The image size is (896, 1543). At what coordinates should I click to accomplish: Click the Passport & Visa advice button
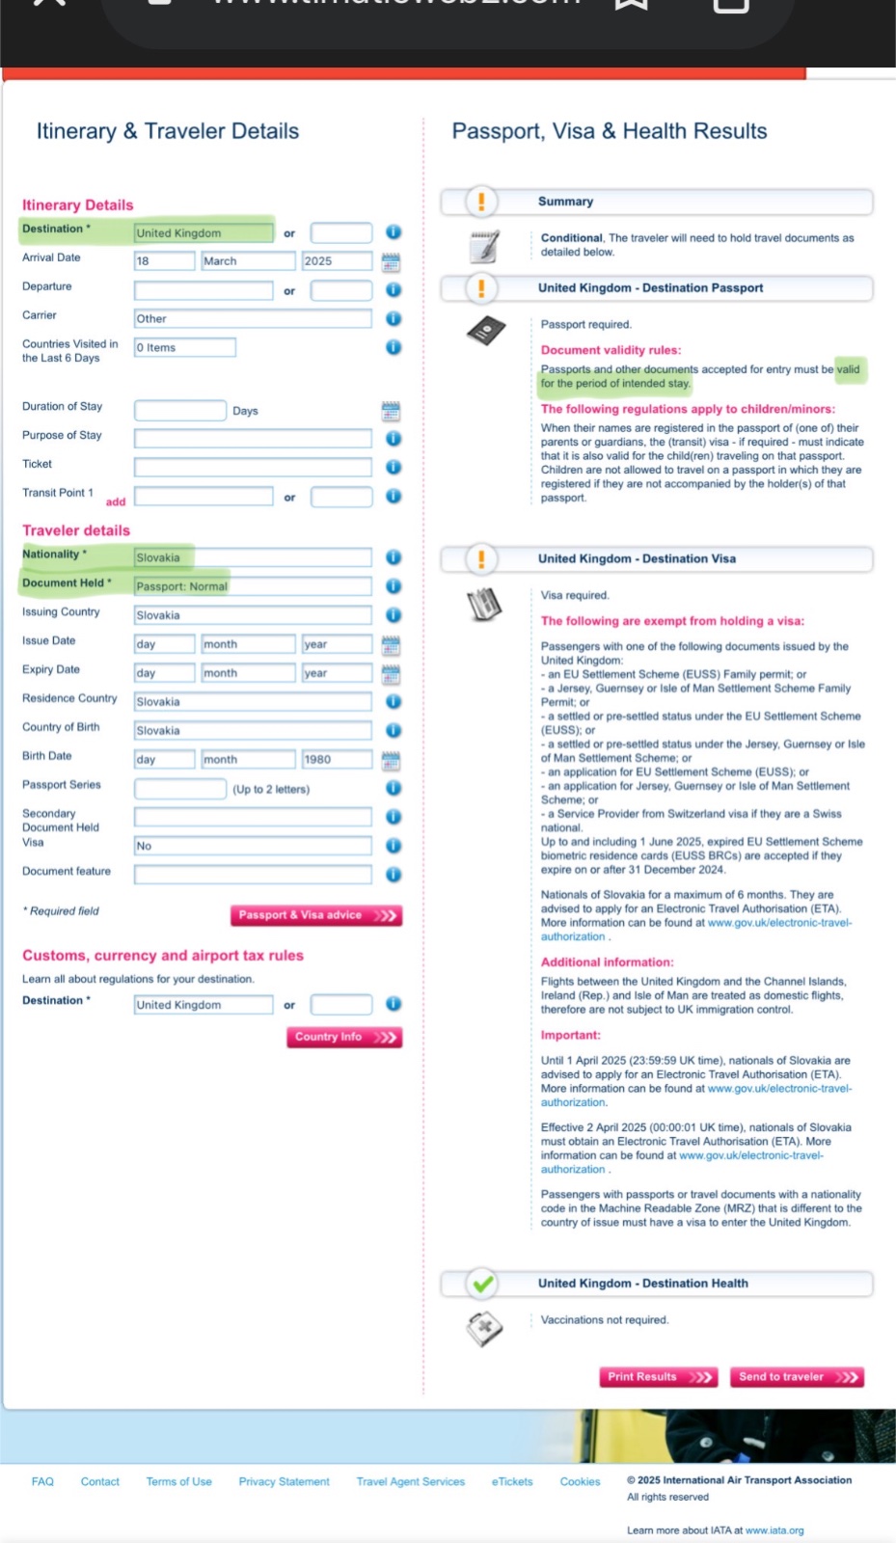[315, 915]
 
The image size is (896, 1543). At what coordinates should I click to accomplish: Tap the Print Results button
[660, 1377]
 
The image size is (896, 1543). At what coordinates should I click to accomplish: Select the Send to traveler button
[796, 1377]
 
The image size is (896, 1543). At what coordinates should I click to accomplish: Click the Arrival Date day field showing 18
[164, 261]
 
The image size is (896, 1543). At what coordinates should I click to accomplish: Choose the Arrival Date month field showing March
[248, 261]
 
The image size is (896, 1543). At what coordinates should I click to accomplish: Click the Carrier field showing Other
[253, 319]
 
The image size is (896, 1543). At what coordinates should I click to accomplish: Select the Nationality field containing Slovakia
[253, 557]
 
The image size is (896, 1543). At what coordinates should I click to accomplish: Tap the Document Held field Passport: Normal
[253, 586]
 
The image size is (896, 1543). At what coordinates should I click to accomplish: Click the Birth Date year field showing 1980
[336, 760]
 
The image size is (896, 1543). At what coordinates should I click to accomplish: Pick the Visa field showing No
[253, 846]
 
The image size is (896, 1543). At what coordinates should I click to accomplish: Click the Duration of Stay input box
[180, 411]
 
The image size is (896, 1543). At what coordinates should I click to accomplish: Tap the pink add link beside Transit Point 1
[116, 501]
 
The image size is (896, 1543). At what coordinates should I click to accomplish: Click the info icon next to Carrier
[394, 318]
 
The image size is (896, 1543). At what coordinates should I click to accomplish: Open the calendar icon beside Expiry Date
[391, 674]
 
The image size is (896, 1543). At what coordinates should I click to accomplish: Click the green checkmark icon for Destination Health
[483, 1284]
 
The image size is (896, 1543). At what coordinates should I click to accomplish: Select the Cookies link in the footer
[580, 1482]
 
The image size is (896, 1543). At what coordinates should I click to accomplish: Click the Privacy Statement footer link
[284, 1482]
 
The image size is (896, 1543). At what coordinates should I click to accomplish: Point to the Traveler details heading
[76, 530]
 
